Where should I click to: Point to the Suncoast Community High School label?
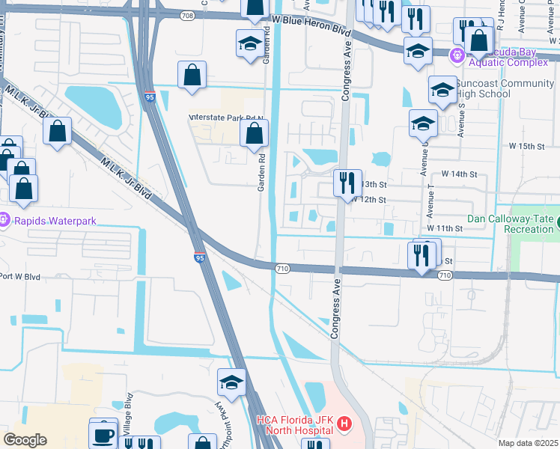pyautogui.click(x=505, y=89)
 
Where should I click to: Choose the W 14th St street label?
pyautogui.click(x=459, y=174)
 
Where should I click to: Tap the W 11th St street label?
pyautogui.click(x=445, y=227)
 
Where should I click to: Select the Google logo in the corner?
pyautogui.click(x=25, y=439)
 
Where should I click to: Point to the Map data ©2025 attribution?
pyautogui.click(x=528, y=443)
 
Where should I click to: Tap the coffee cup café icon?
pyautogui.click(x=104, y=434)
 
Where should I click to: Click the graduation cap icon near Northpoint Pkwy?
pyautogui.click(x=232, y=382)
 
